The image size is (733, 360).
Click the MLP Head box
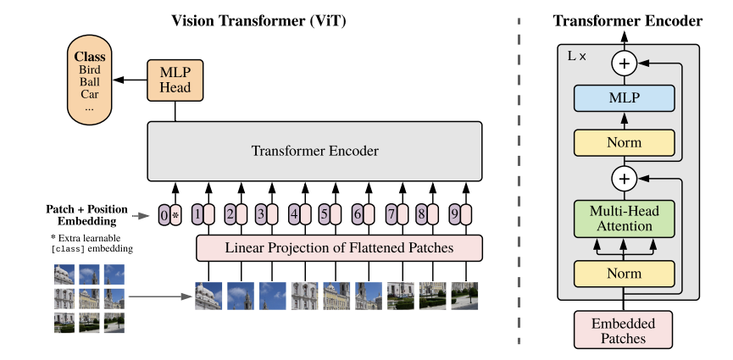coord(175,80)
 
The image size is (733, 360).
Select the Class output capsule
coord(90,80)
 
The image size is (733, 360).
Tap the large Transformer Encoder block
coord(314,151)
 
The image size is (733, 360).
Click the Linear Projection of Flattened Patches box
coord(339,248)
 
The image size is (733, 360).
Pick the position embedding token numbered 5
coord(325,214)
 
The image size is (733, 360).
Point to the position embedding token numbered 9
coord(455,214)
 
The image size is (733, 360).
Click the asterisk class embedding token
coord(175,215)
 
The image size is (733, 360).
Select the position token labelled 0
coord(164,215)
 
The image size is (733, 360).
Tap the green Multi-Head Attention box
coord(624,219)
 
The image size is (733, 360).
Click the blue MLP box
coord(624,98)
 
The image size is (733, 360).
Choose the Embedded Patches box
coord(623,330)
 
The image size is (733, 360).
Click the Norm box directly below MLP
coord(624,142)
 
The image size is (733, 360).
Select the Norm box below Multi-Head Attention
coord(624,274)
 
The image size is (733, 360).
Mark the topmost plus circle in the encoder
coord(624,64)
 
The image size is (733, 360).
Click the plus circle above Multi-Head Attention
coord(624,179)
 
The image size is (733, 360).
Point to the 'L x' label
coord(576,57)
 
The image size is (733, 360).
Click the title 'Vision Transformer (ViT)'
coord(258,20)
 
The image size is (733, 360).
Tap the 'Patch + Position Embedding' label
coord(86,214)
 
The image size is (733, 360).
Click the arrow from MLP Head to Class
coord(130,80)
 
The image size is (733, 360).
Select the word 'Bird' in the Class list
coord(89,69)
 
